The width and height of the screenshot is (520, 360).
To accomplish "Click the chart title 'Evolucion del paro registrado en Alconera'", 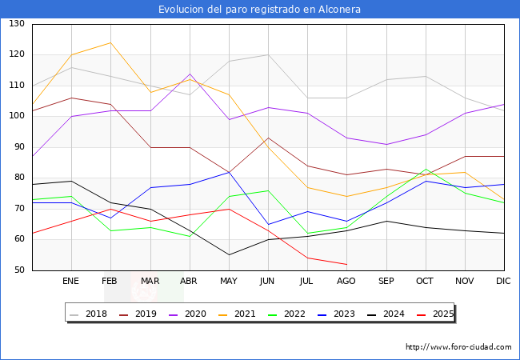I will (259, 10).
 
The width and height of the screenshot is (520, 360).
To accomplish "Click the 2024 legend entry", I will (384, 314).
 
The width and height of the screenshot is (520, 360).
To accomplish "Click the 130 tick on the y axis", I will (17, 24).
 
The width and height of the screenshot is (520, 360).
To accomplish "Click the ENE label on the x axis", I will (71, 282).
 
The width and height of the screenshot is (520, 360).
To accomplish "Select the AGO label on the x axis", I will (346, 282).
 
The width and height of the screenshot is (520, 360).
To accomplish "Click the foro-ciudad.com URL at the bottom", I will (458, 347).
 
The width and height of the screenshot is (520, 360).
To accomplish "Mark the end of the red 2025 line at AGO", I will (346, 264).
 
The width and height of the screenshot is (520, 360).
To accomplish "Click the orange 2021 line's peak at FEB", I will (110, 43).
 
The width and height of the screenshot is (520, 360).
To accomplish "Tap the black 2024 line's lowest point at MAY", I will (229, 255).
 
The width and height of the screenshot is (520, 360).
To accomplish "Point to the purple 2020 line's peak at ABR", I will (190, 74).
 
